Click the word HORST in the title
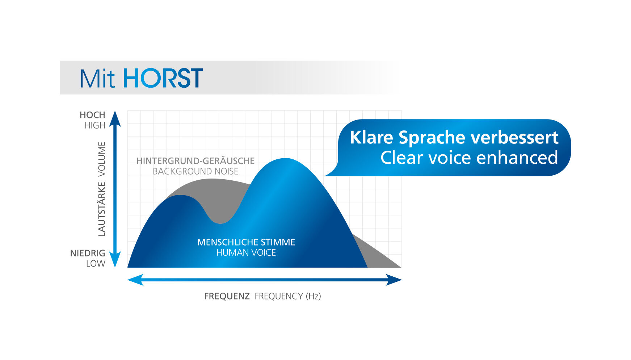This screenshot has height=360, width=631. tap(163, 78)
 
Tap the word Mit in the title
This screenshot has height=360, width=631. tap(97, 78)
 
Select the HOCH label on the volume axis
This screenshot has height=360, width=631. tap(92, 115)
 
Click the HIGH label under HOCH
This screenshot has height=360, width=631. tap(95, 125)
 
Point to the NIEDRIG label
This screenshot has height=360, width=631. tap(88, 253)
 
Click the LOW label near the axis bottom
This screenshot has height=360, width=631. tap(96, 264)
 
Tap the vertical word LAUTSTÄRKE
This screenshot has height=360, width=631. tap(102, 209)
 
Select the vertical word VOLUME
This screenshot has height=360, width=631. tap(102, 159)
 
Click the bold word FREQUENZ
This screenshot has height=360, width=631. tap(227, 296)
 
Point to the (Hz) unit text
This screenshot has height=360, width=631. tap(314, 296)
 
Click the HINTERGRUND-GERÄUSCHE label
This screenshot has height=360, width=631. tap(195, 161)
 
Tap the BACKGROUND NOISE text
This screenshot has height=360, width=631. tap(195, 171)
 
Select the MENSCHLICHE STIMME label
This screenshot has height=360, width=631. tap(246, 242)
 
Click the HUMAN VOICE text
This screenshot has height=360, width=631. tap(246, 253)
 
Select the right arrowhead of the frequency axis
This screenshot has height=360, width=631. tap(394, 280)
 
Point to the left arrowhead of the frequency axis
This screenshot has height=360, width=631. tap(135, 280)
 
